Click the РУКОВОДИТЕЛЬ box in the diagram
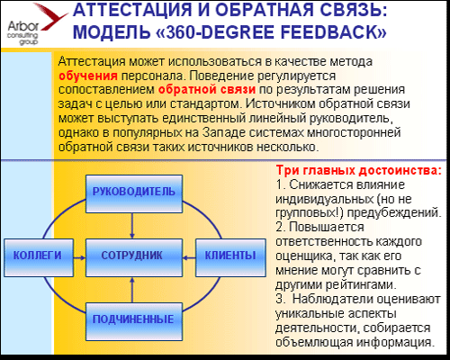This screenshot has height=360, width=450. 134,194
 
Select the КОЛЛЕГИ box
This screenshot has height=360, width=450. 39,257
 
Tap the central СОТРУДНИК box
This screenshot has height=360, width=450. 134,257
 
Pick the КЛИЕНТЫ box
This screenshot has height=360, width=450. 230,257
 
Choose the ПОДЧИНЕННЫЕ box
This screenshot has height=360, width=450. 134,321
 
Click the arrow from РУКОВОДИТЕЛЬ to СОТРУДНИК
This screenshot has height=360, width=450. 132,226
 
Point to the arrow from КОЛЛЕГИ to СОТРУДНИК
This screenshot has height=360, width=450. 79,257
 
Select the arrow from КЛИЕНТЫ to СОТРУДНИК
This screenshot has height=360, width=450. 189,257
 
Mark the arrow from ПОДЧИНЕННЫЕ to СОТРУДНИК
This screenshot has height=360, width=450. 132,290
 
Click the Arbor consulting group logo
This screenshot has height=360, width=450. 34,24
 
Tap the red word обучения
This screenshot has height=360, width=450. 88,76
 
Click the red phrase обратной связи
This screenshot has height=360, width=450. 207,89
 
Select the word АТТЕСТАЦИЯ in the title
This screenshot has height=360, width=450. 132,11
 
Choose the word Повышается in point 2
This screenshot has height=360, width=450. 327,228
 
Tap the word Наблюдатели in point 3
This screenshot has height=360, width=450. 333,300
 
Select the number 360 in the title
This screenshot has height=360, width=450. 181,32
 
